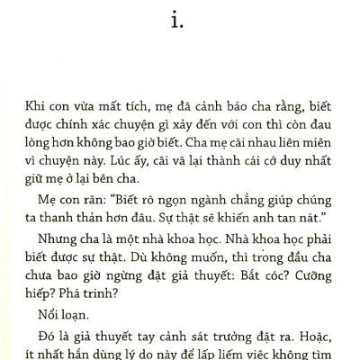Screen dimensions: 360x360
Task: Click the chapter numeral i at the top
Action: pos(180,19)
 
